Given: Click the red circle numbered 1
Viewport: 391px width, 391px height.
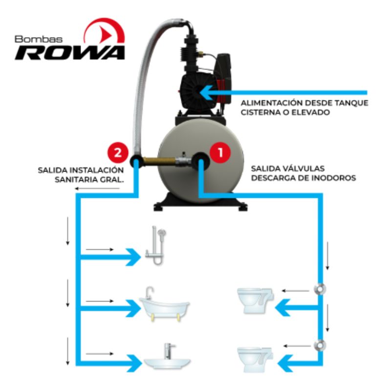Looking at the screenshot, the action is pos(220,152).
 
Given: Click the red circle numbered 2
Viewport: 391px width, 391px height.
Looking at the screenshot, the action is pos(118,152).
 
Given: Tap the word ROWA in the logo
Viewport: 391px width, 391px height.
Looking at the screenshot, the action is pos(70,53).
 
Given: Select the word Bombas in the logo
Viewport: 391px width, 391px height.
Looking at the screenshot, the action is pos(39,39).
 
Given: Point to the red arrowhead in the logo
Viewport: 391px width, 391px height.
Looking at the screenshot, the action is pos(106,33).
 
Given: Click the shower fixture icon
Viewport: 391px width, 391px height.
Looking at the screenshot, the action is pos(156,246).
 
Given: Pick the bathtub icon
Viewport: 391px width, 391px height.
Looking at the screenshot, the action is pos(164,304).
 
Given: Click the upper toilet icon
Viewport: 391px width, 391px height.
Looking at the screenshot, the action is pos(255,301).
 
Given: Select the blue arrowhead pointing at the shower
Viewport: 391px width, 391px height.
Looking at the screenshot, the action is pos(133,257).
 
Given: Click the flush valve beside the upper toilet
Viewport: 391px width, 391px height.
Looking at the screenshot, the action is pos(320,289).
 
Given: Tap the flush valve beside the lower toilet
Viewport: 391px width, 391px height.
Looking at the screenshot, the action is pos(320,346).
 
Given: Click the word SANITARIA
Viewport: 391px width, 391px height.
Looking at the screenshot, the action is pos(74,179).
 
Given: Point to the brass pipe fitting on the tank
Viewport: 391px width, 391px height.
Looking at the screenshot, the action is pos(159,161).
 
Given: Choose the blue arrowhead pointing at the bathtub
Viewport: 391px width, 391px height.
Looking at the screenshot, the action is pos(133,308).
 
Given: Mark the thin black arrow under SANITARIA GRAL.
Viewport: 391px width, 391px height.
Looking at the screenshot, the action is pos(97,189).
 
